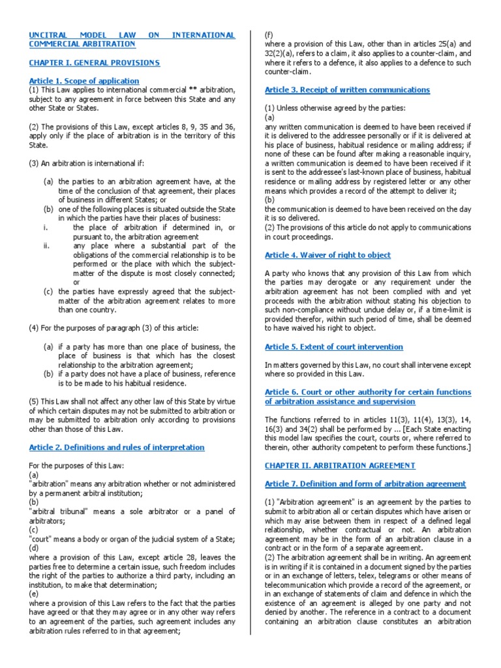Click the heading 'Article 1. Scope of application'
[x=84, y=81]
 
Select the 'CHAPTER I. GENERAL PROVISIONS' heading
[x=94, y=63]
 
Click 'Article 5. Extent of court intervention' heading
[x=333, y=347]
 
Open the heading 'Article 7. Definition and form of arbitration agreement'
[x=365, y=484]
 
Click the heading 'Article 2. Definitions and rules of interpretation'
[x=117, y=448]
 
